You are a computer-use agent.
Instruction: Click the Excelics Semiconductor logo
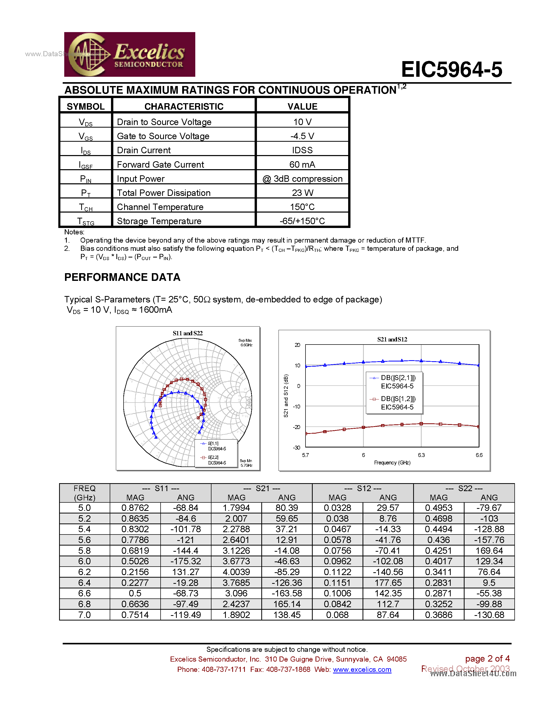pos(129,54)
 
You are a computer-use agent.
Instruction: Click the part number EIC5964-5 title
pos(451,70)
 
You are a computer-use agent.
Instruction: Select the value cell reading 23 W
pos(302,193)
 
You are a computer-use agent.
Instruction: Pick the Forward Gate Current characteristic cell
pos(160,165)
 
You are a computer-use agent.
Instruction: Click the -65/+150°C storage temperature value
pos(302,221)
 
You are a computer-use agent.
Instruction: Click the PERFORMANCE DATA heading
pos(122,277)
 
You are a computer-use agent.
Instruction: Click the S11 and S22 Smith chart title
pos(188,333)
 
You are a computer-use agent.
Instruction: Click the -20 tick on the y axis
pos(296,427)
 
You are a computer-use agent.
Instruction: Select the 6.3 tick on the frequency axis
pos(421,455)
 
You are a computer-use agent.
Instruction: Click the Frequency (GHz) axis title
pos(392,463)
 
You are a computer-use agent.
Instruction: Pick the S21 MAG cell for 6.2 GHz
pos(236,572)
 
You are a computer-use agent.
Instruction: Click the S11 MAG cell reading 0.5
pos(135,593)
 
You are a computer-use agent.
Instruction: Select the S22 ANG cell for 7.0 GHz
pos(489,615)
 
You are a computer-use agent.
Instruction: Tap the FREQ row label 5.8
pos(85,550)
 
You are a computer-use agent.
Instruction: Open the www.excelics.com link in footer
pos(362,670)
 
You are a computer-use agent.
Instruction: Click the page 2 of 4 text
pos(487,659)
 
